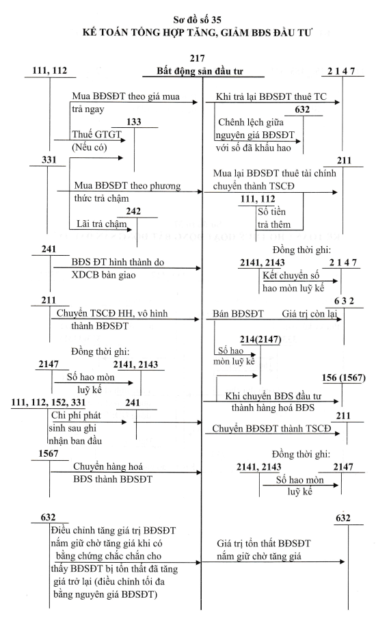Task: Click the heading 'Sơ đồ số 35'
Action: tap(197, 20)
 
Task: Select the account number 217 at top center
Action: tap(198, 58)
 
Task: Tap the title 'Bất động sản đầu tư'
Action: tap(199, 71)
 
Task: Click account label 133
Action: tap(134, 122)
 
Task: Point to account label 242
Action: tap(133, 211)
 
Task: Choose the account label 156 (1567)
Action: tap(344, 377)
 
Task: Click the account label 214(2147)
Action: tap(260, 340)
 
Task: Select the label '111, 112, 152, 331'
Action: tap(49, 403)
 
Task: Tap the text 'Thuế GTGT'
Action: tap(96, 135)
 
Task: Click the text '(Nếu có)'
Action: tap(90, 148)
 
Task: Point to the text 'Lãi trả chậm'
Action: tap(102, 224)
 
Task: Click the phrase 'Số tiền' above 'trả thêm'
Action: tap(272, 212)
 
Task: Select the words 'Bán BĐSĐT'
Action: tap(238, 314)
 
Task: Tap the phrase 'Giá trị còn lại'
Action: tap(310, 314)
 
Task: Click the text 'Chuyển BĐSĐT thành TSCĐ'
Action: tap(271, 429)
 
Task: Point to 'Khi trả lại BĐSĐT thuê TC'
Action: tap(271, 96)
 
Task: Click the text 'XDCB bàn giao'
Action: tap(104, 275)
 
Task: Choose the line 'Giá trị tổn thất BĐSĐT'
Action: tap(263, 544)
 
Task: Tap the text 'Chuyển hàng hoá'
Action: tap(107, 467)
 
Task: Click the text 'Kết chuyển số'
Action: tap(291, 276)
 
